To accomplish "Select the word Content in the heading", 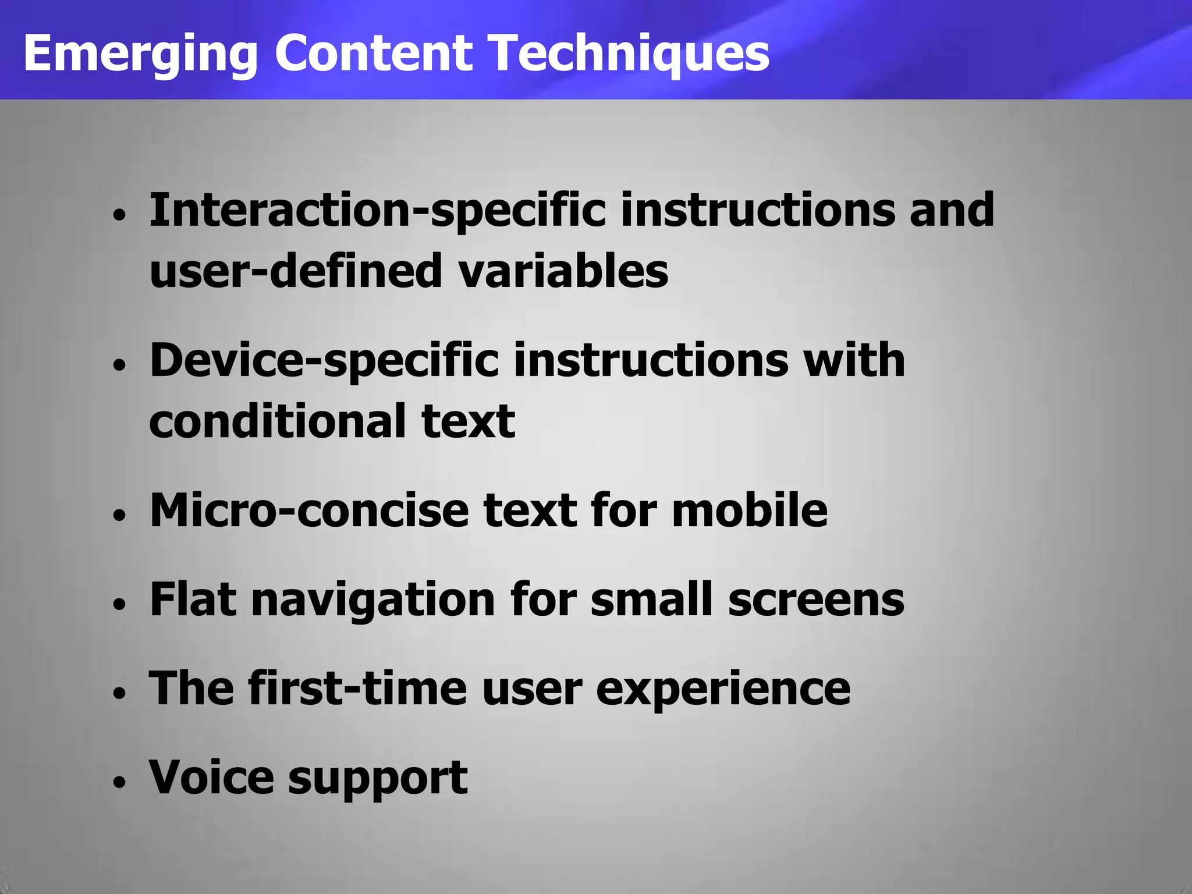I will coord(373,54).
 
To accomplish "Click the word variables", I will coord(563,271).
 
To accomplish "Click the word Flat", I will coord(193,599).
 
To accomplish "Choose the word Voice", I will coord(211,778).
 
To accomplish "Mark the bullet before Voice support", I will coord(120,782).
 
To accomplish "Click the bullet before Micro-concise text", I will coord(120,515).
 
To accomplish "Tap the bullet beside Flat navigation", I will coord(120,604).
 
